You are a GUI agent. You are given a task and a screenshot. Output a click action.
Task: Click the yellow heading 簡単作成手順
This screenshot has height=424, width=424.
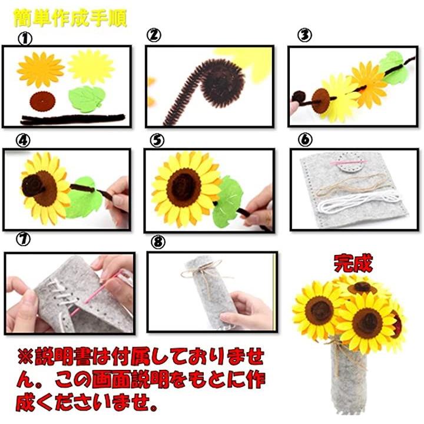(x=70, y=18)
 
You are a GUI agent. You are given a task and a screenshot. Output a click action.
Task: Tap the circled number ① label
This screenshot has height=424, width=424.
(x=25, y=39)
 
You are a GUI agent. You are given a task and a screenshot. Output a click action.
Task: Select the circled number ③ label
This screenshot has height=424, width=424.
(x=305, y=35)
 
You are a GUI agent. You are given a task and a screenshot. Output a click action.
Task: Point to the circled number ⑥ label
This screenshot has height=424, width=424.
(x=305, y=140)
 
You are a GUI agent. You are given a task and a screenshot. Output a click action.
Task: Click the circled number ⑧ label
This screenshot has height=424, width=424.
(x=158, y=242)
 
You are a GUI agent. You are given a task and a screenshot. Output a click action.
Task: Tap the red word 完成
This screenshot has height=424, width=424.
(x=353, y=263)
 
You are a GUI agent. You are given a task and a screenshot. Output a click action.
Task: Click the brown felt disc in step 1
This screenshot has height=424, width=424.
(x=42, y=101)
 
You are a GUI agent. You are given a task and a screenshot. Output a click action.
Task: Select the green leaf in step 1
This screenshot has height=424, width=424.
(x=87, y=99)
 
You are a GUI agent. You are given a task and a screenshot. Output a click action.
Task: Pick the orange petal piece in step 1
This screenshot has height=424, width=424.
(x=41, y=69)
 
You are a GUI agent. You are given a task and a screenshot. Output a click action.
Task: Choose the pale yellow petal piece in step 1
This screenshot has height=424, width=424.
(x=91, y=67)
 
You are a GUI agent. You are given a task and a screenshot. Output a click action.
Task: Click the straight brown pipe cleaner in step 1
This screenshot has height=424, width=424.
(x=73, y=119)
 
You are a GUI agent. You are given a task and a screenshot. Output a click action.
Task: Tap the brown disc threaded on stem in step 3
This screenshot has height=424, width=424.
(x=321, y=101)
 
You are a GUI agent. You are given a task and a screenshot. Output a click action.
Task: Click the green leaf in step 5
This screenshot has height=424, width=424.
(x=228, y=201)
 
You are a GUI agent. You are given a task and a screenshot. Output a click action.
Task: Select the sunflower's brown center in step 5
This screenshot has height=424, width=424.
(x=184, y=185)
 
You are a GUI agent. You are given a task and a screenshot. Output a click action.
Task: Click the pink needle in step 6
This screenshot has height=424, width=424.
(x=348, y=163)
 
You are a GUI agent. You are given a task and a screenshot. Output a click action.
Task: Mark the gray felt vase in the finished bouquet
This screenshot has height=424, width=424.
(x=349, y=379)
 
